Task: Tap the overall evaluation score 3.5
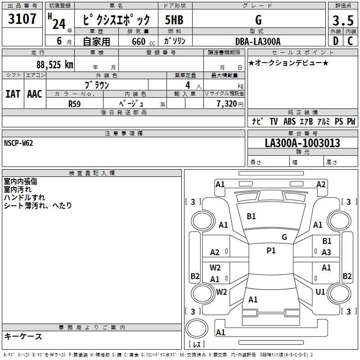(342, 20)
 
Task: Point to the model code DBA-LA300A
(257, 41)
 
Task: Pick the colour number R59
(74, 103)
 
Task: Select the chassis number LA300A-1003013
(302, 143)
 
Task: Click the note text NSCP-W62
(18, 143)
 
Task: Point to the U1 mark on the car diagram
(320, 292)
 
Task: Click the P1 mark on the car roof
(271, 251)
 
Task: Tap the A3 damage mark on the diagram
(327, 252)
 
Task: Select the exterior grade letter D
(336, 41)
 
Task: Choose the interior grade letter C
(350, 41)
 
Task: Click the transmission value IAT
(13, 94)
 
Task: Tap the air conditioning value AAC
(34, 94)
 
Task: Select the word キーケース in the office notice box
(23, 337)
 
